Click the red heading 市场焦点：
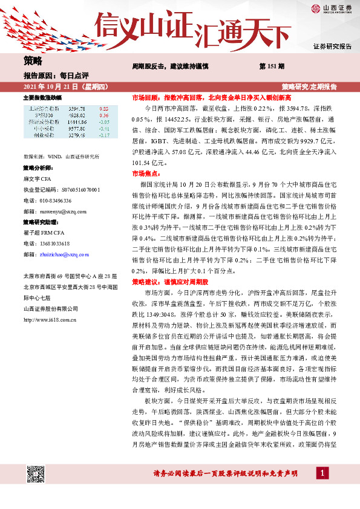coord(145,173)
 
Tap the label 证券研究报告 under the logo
coord(332,47)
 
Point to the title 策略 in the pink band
coord(33,60)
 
